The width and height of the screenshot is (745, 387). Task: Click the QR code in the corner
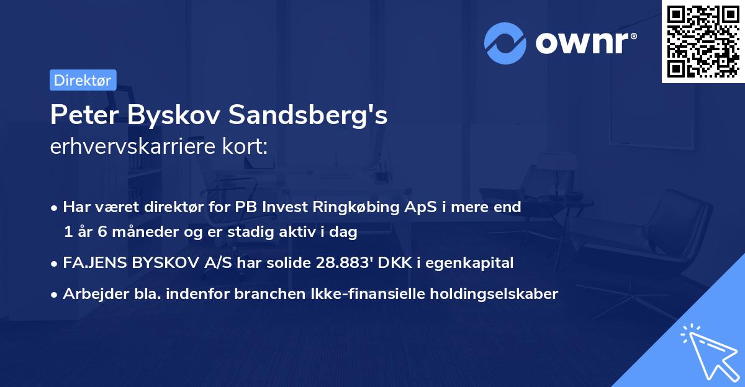[x=703, y=42]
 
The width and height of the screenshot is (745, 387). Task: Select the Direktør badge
[x=83, y=79]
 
